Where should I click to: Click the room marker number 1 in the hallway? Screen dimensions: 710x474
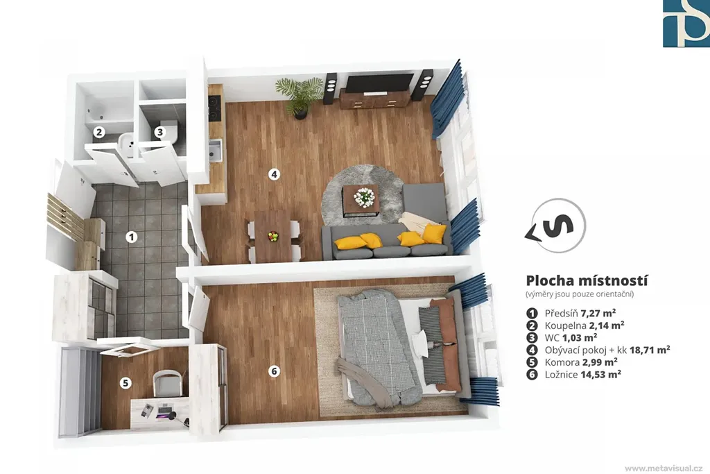pyautogui.click(x=131, y=237)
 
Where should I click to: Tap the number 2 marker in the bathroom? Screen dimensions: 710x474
pyautogui.click(x=99, y=132)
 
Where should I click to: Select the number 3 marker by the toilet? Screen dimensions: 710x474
pyautogui.click(x=159, y=132)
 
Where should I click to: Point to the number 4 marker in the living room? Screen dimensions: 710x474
pyautogui.click(x=273, y=174)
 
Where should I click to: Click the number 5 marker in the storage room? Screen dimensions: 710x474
pyautogui.click(x=125, y=383)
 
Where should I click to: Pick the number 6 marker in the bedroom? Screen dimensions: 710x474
pyautogui.click(x=273, y=371)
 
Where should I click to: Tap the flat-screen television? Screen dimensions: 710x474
pyautogui.click(x=379, y=83)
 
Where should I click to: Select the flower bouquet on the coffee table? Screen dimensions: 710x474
pyautogui.click(x=365, y=196)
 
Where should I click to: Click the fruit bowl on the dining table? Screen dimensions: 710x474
pyautogui.click(x=273, y=236)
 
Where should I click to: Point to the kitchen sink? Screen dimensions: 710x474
pyautogui.click(x=215, y=150)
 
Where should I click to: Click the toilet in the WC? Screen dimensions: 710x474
pyautogui.click(x=169, y=131)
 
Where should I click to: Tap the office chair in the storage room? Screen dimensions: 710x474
pyautogui.click(x=168, y=383)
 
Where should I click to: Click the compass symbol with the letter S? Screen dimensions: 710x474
pyautogui.click(x=556, y=226)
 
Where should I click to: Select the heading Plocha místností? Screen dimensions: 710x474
pyautogui.click(x=587, y=281)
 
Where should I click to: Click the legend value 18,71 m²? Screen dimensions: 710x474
pyautogui.click(x=650, y=350)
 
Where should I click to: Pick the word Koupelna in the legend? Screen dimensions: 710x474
pyautogui.click(x=565, y=325)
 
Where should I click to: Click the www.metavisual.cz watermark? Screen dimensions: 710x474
pyautogui.click(x=664, y=468)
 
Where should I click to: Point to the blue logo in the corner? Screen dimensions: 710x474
pyautogui.click(x=686, y=24)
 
